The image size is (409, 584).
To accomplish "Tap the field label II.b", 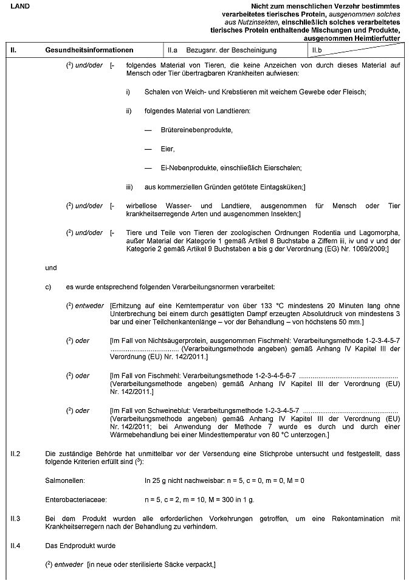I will pyautogui.click(x=316, y=49).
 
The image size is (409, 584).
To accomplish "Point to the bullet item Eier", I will pyautogui.click(x=168, y=149).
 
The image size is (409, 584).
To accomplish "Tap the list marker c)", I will pyautogui.click(x=49, y=286).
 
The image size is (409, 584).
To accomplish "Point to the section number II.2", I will pyautogui.click(x=16, y=454).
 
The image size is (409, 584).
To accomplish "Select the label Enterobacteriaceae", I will pyautogui.click(x=76, y=499).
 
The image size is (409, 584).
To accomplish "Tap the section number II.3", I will pyautogui.click(x=16, y=518).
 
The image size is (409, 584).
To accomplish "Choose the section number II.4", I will pyautogui.click(x=16, y=545).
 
